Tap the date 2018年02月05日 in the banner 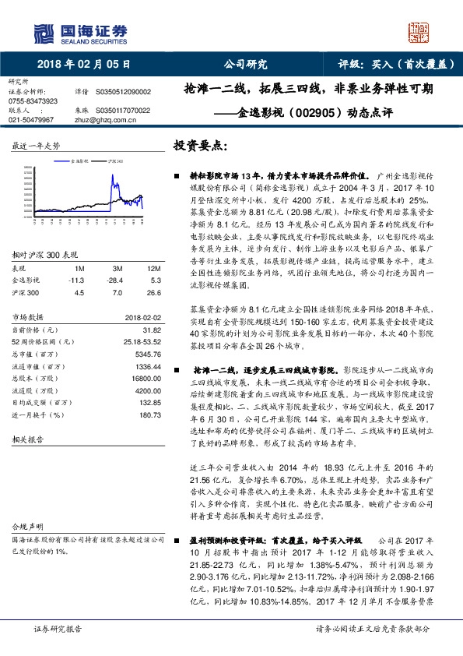tap(83, 65)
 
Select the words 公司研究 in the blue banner tap(246, 65)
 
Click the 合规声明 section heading tap(24, 527)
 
